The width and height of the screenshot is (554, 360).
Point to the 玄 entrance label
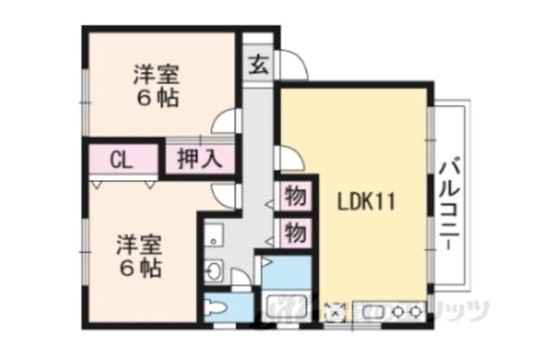click(258, 63)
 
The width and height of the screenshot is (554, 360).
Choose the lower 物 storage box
click(295, 233)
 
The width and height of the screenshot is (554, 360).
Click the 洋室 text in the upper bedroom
click(155, 73)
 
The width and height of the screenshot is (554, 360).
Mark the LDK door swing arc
click(288, 157)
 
